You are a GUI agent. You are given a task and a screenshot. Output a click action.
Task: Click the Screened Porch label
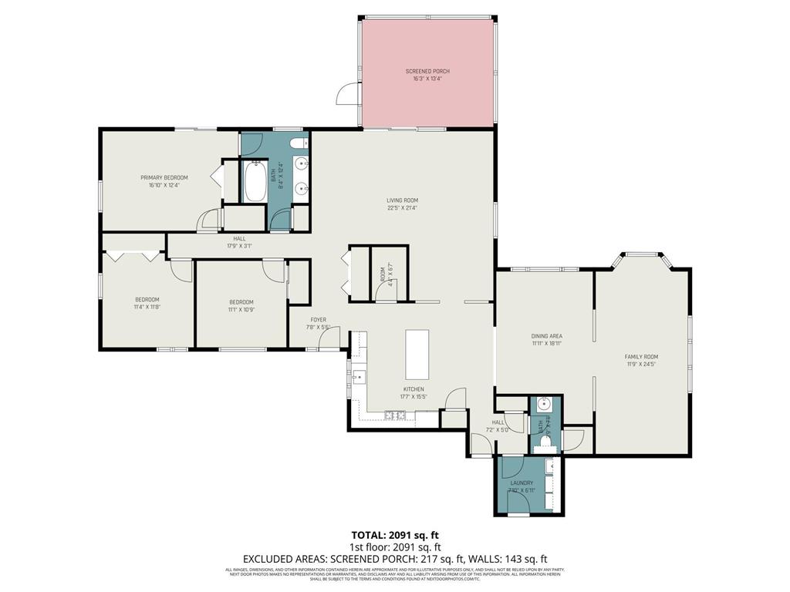[x=427, y=71]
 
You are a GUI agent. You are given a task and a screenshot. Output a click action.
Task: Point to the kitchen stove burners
[x=395, y=416]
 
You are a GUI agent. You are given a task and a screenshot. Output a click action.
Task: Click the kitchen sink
[x=358, y=377]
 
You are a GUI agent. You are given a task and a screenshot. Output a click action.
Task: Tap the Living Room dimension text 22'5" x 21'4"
[x=403, y=207]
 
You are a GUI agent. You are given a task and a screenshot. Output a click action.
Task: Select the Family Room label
[x=641, y=356]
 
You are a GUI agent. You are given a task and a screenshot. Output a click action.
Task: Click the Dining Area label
[x=546, y=336]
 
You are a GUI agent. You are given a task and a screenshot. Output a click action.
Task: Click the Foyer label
[x=319, y=319]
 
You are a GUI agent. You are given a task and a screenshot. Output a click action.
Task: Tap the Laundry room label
[x=522, y=483]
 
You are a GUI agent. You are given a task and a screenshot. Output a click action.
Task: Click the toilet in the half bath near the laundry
[x=545, y=446]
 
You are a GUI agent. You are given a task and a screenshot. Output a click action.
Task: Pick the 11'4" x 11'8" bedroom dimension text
[x=147, y=307]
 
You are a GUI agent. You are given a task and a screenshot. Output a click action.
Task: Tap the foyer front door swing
[x=329, y=341]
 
